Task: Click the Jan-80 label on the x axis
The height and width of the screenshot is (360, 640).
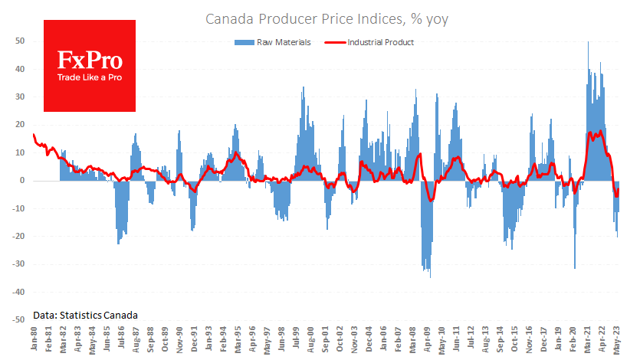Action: click(35, 342)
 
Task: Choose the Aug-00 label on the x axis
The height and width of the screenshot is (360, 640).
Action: click(310, 342)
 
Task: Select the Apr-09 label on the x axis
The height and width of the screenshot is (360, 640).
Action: click(427, 342)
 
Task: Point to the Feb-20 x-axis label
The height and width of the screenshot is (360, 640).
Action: click(574, 342)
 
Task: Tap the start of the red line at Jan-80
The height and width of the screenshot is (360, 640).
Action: click(34, 135)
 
